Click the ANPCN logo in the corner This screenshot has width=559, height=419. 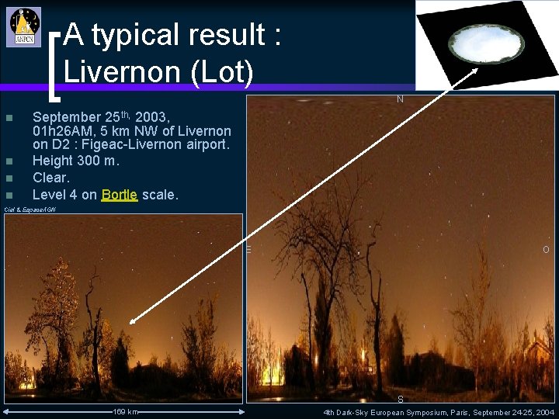(25, 27)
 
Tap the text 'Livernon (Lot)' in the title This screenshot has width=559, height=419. (158, 72)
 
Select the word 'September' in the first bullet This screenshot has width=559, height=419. (68, 117)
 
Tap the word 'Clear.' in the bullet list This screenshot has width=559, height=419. (51, 178)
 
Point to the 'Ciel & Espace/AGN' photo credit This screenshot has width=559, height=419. (30, 209)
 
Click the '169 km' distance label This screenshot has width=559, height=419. (125, 411)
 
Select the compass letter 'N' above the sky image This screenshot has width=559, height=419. (400, 99)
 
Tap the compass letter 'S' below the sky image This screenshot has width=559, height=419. (400, 399)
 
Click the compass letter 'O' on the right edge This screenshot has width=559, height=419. (546, 249)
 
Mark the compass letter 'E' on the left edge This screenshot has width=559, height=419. (249, 249)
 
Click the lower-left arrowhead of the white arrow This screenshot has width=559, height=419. (134, 320)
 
